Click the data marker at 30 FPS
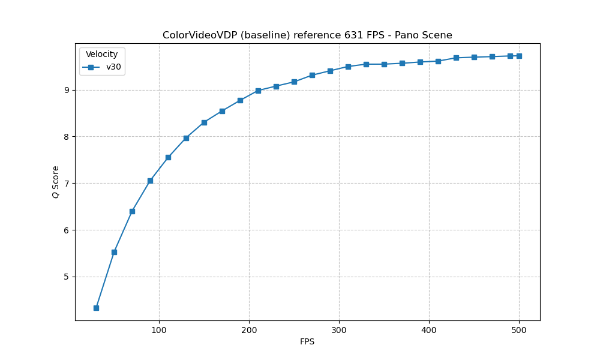tap(96, 308)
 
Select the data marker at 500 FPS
tap(519, 56)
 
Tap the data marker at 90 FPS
tap(150, 181)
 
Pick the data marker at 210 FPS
tap(258, 91)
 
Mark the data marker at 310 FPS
tap(348, 67)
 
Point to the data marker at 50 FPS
tap(114, 252)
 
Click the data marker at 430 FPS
tap(456, 58)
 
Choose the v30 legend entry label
tap(113, 67)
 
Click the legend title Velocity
tap(101, 54)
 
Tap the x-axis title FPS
tap(307, 342)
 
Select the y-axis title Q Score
tap(55, 182)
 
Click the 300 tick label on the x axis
tap(339, 329)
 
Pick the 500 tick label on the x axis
tap(519, 329)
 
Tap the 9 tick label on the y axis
tap(67, 90)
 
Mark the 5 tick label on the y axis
tap(67, 277)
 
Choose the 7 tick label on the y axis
tap(67, 183)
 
